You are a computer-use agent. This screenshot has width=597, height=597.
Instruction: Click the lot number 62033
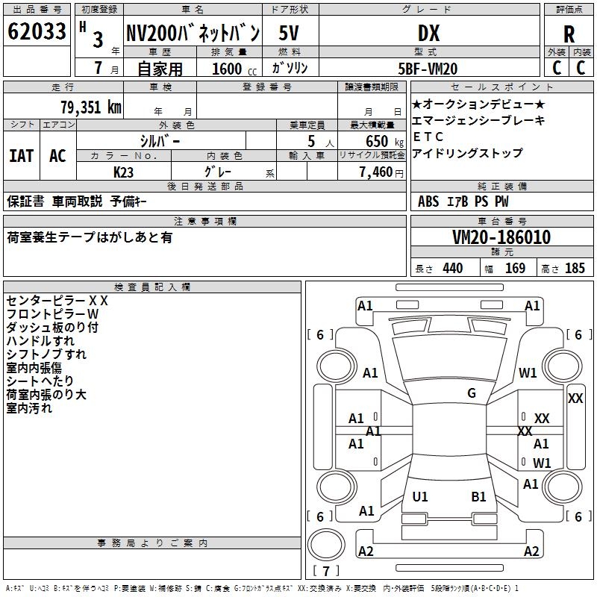[x=37, y=34]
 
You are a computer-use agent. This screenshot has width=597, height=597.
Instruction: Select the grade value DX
[x=428, y=34]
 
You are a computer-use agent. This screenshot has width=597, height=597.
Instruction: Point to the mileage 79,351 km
[x=90, y=107]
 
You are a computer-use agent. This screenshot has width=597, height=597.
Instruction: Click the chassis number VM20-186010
[x=501, y=237]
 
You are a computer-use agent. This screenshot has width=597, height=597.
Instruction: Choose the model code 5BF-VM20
[x=428, y=69]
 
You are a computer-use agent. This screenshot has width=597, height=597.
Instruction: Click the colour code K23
[x=124, y=171]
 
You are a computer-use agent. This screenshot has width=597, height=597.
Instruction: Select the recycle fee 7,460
[x=377, y=172]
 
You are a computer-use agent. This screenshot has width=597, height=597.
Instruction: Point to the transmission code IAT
[x=22, y=155]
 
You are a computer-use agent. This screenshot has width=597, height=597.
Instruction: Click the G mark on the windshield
[x=472, y=393]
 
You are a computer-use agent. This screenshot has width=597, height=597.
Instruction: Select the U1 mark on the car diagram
[x=420, y=496]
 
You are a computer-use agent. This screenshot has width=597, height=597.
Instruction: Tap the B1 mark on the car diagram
[x=478, y=496]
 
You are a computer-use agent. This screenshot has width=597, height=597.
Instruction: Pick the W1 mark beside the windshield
[x=528, y=373]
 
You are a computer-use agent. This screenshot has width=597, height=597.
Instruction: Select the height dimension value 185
[x=575, y=268]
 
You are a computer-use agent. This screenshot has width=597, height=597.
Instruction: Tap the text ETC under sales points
[x=428, y=137]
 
